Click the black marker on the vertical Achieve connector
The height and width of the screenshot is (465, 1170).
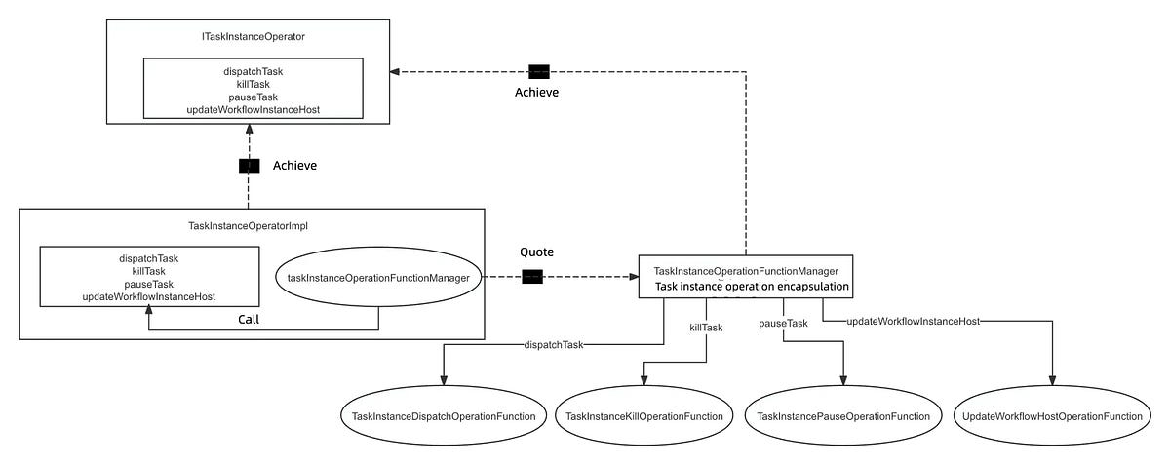coord(249,166)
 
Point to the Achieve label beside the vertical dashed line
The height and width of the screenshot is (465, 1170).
coord(294,166)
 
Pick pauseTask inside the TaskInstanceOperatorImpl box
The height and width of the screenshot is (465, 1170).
coord(149,284)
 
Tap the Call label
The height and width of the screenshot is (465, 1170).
coord(249,319)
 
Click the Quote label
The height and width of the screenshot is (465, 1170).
coord(536,251)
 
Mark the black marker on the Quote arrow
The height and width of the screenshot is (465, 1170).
coord(532,277)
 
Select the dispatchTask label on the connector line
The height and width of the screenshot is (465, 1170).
coord(554,345)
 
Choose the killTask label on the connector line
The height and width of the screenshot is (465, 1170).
coord(707,328)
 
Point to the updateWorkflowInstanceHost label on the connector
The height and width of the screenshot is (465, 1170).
coord(913,320)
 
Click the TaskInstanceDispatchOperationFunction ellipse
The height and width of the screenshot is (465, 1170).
coord(444,416)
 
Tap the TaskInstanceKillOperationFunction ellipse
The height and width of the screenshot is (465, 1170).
coord(644,416)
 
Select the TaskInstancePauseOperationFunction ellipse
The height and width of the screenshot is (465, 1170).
coord(843,416)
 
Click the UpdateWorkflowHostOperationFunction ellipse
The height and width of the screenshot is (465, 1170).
coord(1051,416)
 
